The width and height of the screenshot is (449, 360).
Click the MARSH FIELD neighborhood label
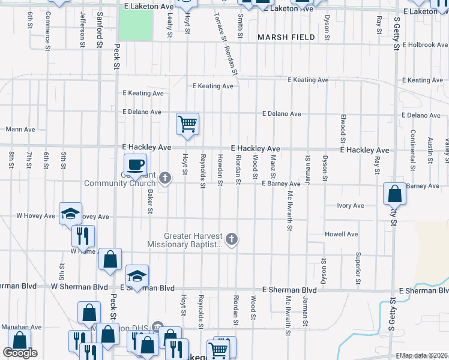click(286, 37)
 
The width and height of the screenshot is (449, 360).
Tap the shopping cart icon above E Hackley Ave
click(187, 125)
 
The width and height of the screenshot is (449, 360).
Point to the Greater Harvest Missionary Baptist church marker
click(231, 240)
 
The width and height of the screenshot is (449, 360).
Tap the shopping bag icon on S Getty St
click(394, 194)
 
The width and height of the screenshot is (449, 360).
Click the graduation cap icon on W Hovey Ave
click(70, 213)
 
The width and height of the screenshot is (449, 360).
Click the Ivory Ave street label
click(350, 206)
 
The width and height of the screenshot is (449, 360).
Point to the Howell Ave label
click(341, 234)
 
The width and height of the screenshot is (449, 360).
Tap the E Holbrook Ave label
click(426, 45)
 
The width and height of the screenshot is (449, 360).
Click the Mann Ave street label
click(19, 129)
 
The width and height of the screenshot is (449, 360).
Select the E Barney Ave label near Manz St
click(280, 184)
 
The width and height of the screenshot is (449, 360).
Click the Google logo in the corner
click(20, 353)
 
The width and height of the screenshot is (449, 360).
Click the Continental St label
click(412, 146)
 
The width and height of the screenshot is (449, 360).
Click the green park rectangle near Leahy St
click(135, 26)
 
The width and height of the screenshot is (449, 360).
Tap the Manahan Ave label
click(21, 328)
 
